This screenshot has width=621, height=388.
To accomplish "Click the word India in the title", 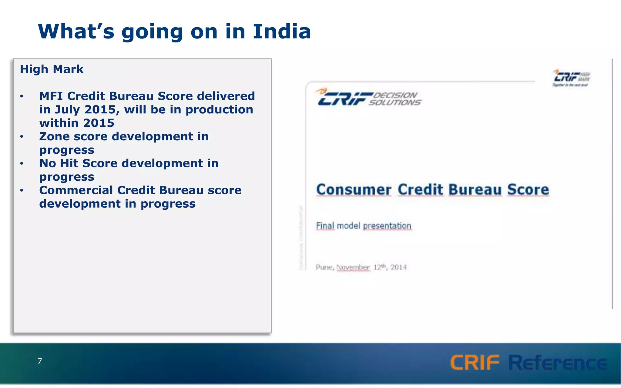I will pyautogui.click(x=282, y=32).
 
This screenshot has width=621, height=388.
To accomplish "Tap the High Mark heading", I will pyautogui.click(x=52, y=69).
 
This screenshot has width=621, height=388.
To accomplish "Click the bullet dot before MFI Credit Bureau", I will pyautogui.click(x=22, y=96).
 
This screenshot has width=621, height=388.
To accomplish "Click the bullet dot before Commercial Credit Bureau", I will pyautogui.click(x=22, y=191).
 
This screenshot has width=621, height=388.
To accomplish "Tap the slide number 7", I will pyautogui.click(x=40, y=361).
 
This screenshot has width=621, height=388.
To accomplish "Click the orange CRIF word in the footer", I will pyautogui.click(x=474, y=363).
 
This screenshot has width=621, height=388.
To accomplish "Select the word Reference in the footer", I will pyautogui.click(x=557, y=363).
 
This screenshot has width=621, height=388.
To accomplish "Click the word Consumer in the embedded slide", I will pyautogui.click(x=354, y=190).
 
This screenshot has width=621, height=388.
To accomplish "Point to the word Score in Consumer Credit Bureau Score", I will pyautogui.click(x=528, y=190).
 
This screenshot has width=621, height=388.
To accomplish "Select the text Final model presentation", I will pyautogui.click(x=364, y=226).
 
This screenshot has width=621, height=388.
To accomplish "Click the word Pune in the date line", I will pyautogui.click(x=324, y=267).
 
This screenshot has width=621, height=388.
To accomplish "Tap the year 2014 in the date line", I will pyautogui.click(x=398, y=267).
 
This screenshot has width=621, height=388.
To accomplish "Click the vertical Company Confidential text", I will pyautogui.click(x=301, y=238).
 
